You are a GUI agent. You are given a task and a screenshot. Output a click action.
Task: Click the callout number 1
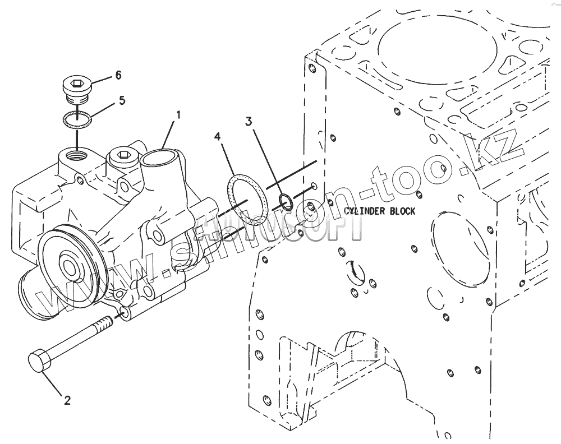click(x=178, y=115)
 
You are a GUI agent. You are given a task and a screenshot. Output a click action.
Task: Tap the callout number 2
click(x=67, y=400)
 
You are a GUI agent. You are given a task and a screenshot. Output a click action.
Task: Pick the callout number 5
click(x=122, y=100)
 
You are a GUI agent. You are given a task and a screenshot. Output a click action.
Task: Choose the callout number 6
click(x=118, y=75)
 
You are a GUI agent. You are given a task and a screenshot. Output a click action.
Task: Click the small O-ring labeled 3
click(x=285, y=200)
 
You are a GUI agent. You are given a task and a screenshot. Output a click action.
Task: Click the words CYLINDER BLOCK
click(x=380, y=211)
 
